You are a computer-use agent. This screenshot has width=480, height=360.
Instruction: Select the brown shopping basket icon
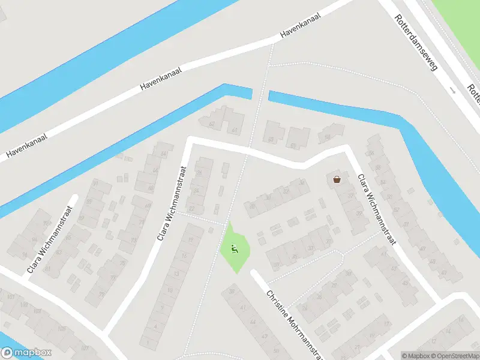coord(337,179)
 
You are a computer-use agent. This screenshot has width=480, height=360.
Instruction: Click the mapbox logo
coord(26,353)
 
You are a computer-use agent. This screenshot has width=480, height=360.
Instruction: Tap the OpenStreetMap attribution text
coord(455,356)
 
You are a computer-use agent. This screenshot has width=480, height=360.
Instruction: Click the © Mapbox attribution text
coord(416,356)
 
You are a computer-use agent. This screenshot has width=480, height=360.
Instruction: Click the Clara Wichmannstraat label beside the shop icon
coord(377,209)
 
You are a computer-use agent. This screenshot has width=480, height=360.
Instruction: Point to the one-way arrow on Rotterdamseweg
coord(454,91)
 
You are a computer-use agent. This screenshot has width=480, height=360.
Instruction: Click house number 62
coord(212,124)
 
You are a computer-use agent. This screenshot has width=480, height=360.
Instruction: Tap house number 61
coord(235,130)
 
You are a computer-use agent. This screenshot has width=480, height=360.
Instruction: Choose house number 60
coord(271,140)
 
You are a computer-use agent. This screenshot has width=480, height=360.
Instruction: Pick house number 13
coord(176,274)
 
